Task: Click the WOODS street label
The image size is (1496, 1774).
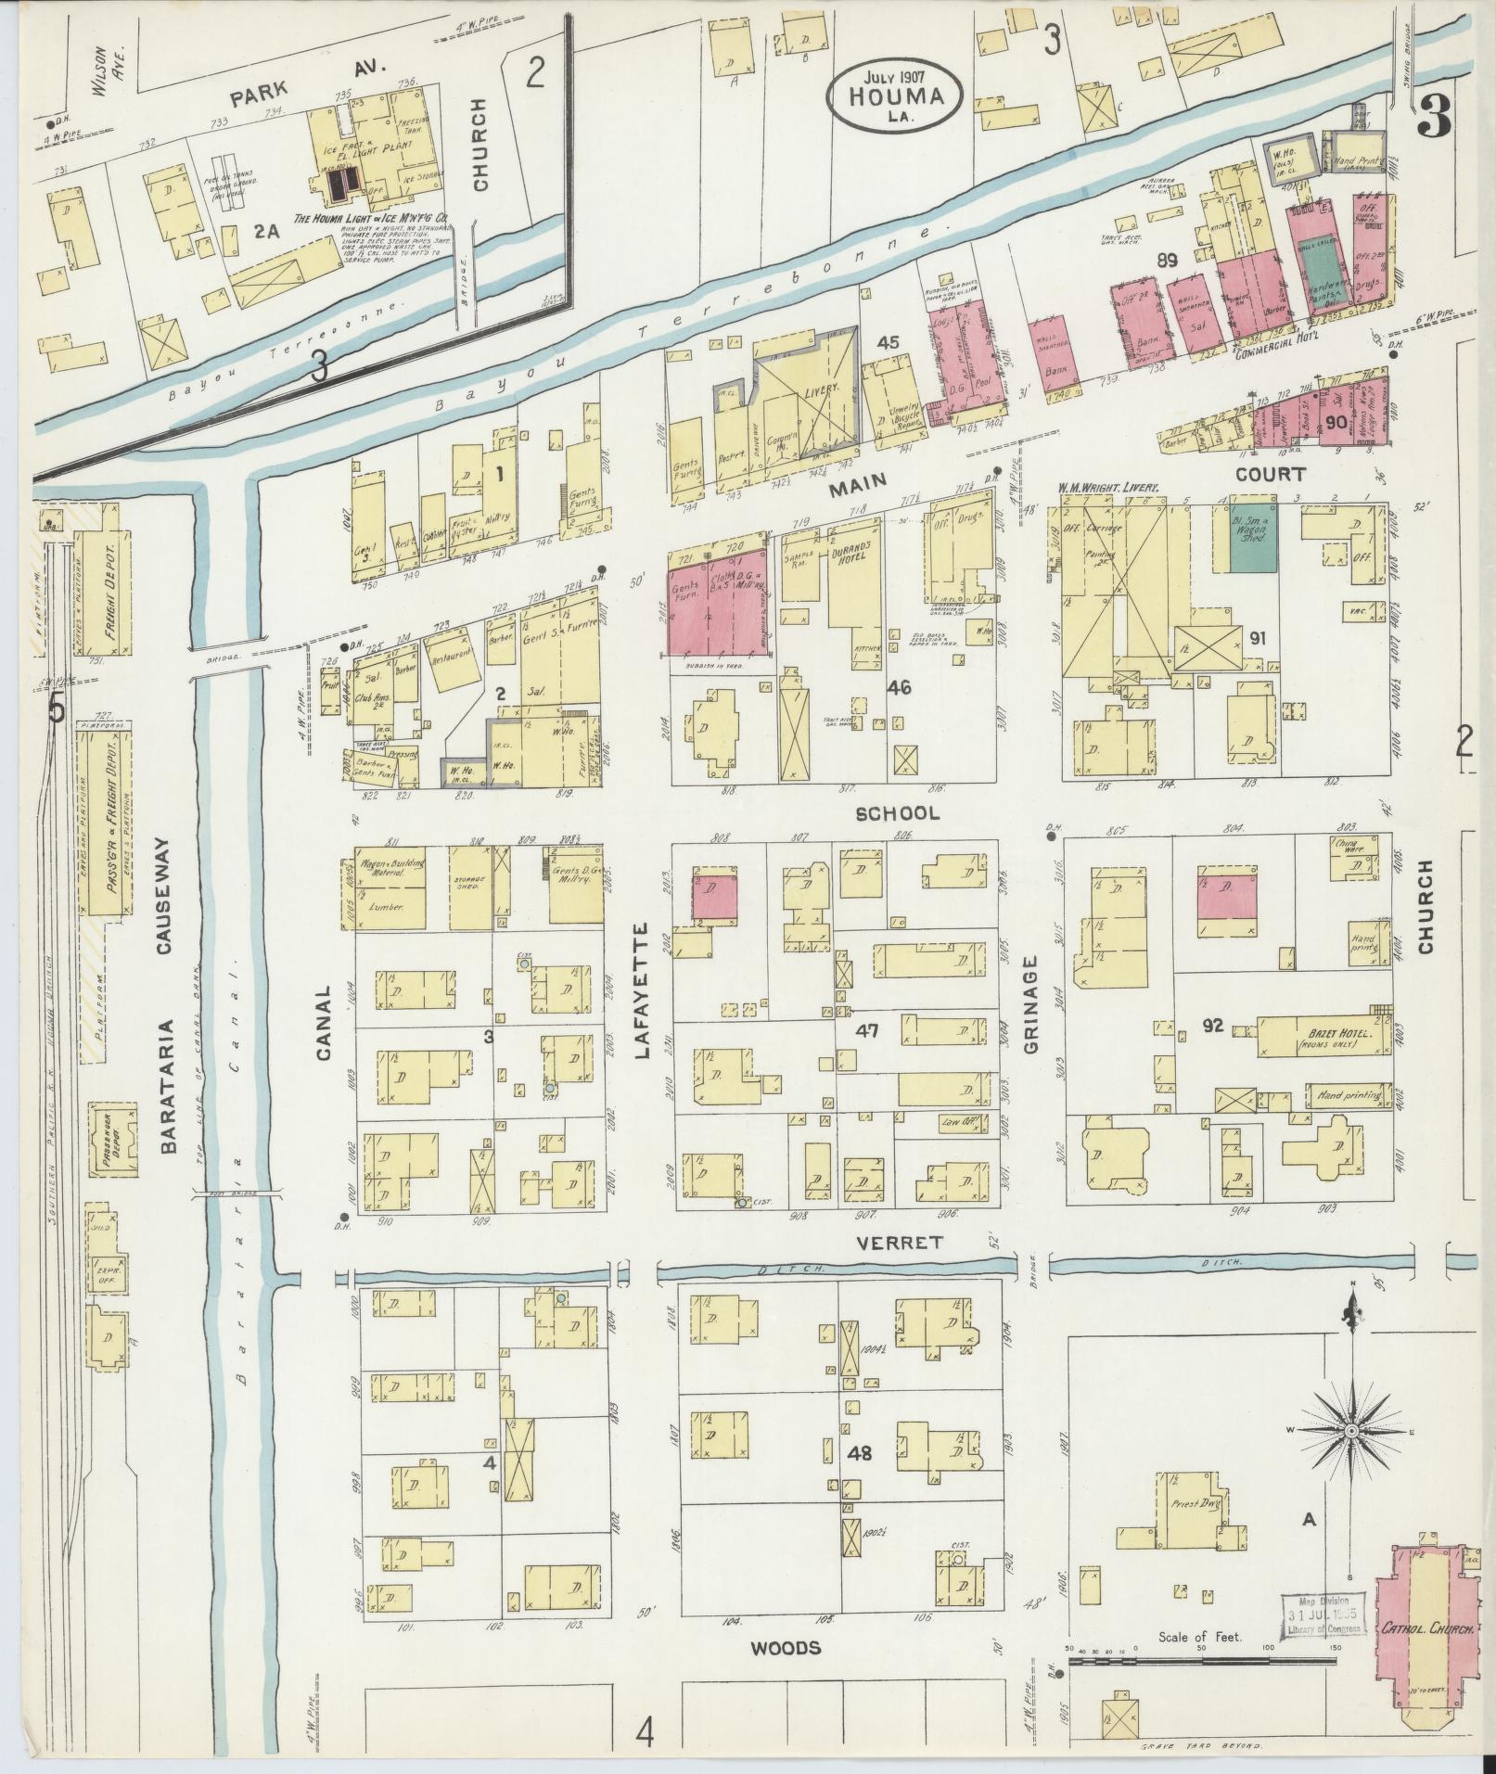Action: point(786,1647)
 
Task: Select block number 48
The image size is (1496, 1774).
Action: point(859,1454)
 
